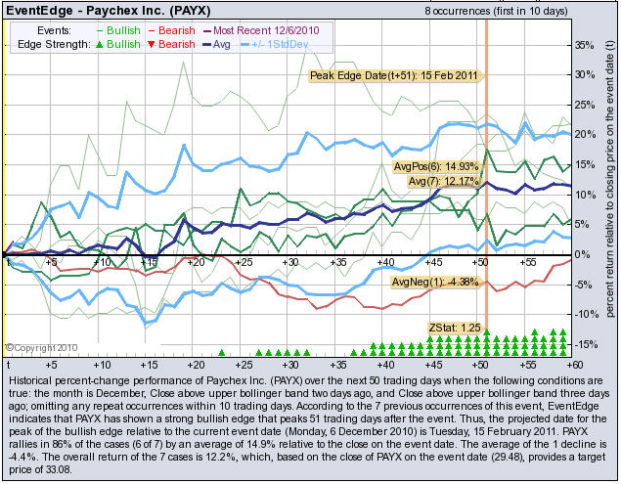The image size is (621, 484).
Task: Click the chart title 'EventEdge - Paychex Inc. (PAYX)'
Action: pos(100,11)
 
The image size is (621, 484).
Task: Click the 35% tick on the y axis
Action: pos(581,45)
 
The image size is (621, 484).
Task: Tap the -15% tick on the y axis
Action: pos(583,344)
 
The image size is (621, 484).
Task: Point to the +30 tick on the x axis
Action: pos(288,263)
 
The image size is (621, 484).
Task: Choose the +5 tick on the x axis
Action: pos(52,263)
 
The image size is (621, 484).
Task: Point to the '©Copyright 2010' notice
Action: pos(39,346)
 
